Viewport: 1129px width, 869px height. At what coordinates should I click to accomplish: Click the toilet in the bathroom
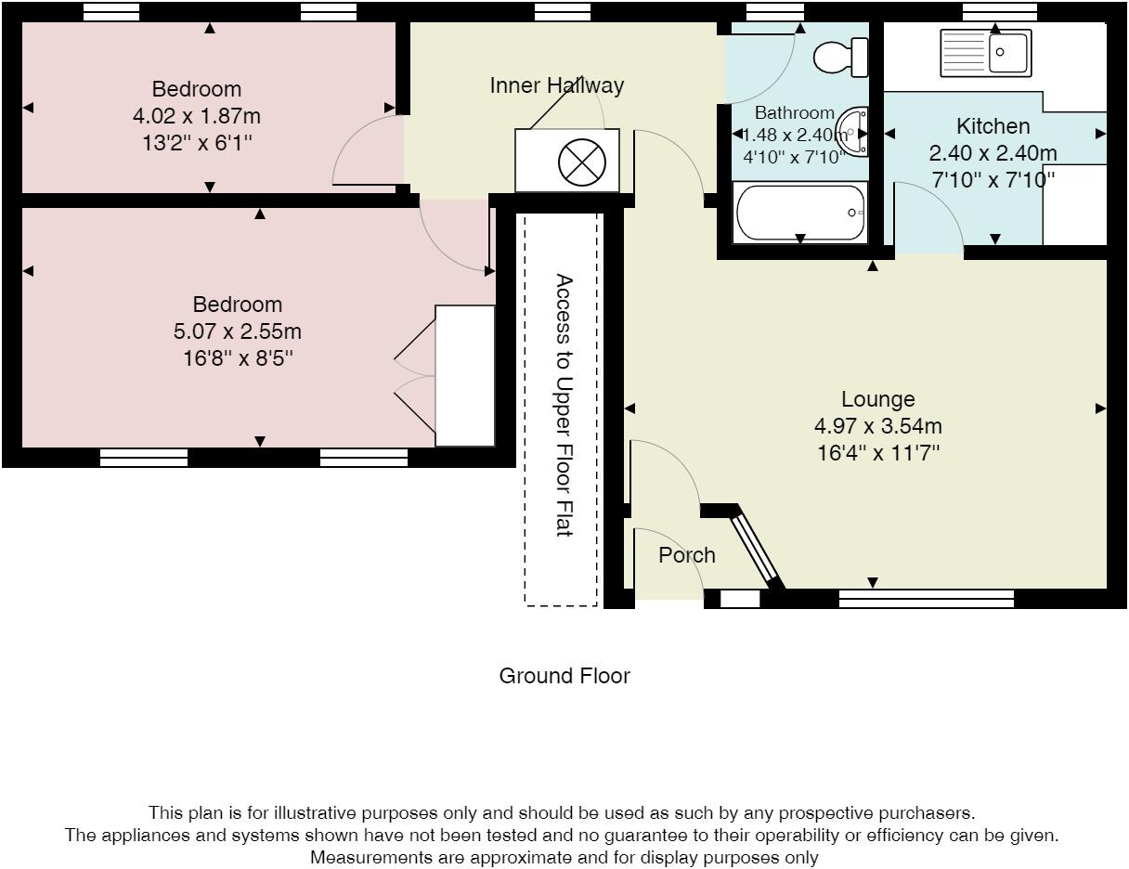(840, 57)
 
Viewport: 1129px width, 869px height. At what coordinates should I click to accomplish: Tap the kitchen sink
(985, 52)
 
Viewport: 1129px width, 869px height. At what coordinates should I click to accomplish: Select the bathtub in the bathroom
(800, 213)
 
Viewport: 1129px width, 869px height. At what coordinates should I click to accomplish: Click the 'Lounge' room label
(877, 399)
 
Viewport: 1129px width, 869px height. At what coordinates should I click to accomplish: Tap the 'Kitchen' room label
(993, 126)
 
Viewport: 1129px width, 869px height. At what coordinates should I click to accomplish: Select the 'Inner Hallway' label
(557, 85)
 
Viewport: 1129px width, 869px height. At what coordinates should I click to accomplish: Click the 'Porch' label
(687, 555)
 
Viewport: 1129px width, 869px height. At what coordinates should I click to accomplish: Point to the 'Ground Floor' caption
(564, 676)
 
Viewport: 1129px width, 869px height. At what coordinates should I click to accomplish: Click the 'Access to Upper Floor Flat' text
(563, 405)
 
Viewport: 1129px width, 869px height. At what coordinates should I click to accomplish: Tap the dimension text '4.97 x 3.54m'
(877, 426)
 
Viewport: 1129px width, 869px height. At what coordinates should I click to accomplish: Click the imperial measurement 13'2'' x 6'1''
(196, 143)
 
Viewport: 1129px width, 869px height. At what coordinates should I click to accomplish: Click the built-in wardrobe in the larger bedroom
(465, 375)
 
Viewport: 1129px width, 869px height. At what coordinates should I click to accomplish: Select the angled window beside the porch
(756, 549)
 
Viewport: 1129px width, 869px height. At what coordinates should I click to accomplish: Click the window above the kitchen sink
(999, 11)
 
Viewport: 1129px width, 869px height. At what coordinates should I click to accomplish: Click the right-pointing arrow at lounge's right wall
(1100, 408)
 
